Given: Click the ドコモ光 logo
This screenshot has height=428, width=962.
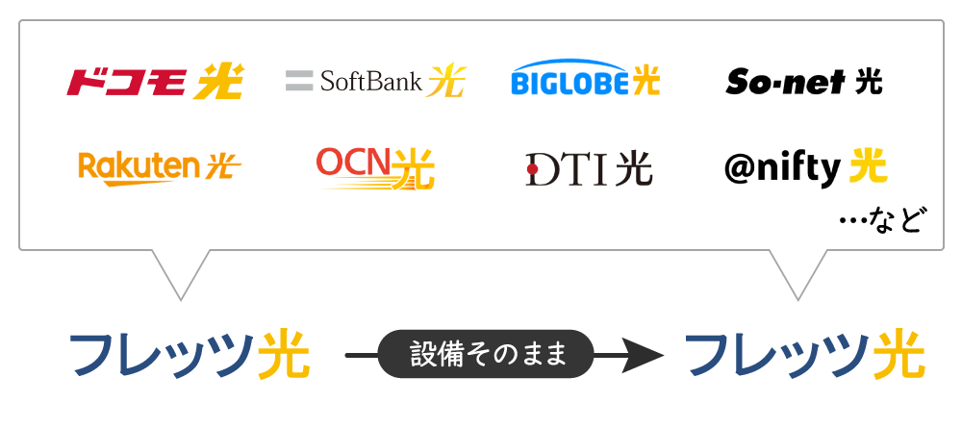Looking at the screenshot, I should point(155,82).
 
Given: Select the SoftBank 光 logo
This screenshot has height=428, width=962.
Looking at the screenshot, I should point(375,81).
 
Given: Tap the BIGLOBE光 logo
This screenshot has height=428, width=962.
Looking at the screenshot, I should point(585,80).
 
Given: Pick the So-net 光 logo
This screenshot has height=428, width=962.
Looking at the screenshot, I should point(804,81).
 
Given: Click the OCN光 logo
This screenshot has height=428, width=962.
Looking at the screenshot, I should point(375,167).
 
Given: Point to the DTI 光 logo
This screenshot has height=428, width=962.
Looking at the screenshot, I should point(589,169).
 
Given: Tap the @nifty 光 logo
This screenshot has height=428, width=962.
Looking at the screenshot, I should point(805,168).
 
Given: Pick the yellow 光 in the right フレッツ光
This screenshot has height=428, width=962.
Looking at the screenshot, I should point(899,356).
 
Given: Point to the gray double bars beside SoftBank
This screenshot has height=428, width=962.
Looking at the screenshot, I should point(299,81).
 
